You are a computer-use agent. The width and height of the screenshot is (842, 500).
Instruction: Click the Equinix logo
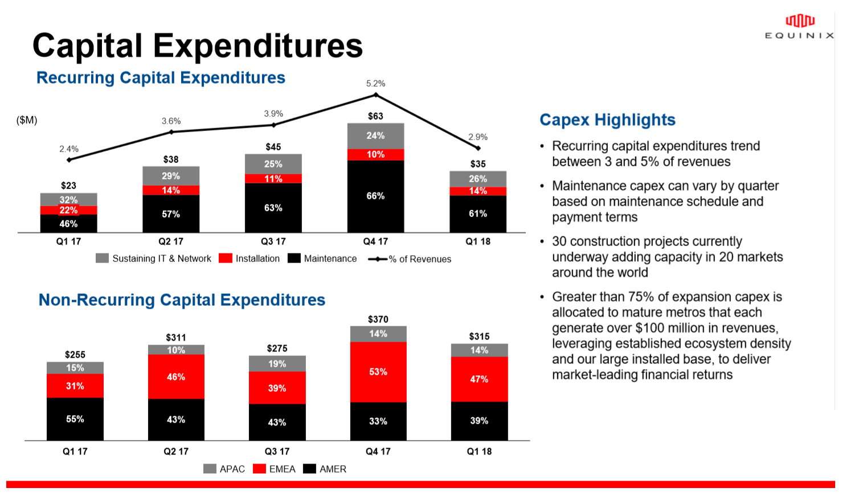pyautogui.click(x=799, y=27)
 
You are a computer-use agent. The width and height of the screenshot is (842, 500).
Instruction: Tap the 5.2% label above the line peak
pyautogui.click(x=375, y=84)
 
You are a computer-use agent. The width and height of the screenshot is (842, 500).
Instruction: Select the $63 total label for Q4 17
pyautogui.click(x=375, y=116)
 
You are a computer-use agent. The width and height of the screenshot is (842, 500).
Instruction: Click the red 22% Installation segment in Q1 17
pyautogui.click(x=68, y=210)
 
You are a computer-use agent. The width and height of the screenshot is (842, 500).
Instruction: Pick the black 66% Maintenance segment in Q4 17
pyautogui.click(x=375, y=196)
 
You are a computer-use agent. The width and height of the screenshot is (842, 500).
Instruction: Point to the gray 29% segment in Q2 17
pyautogui.click(x=171, y=176)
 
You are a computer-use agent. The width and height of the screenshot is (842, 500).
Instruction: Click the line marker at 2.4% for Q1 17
pyautogui.click(x=69, y=160)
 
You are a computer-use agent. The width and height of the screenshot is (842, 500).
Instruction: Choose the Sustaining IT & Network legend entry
pyautogui.click(x=154, y=259)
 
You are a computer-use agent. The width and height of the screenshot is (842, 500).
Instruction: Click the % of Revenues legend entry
pyautogui.click(x=410, y=259)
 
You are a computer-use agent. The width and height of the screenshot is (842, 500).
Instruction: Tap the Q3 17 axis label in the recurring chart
pyautogui.click(x=273, y=241)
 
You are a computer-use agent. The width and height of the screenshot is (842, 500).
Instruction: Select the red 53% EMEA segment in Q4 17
pyautogui.click(x=378, y=372)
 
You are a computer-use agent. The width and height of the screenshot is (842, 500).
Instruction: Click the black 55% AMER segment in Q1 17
pyautogui.click(x=75, y=419)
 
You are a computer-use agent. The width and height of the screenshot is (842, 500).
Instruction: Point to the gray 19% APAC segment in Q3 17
pyautogui.click(x=277, y=364)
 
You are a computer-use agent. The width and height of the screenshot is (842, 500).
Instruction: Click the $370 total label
pyautogui.click(x=378, y=319)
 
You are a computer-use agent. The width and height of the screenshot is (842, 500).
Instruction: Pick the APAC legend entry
pyautogui.click(x=224, y=469)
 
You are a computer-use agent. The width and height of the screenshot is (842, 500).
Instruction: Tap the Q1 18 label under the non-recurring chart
pyautogui.click(x=479, y=452)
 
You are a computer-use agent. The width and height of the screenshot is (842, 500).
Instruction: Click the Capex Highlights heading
pyautogui.click(x=607, y=120)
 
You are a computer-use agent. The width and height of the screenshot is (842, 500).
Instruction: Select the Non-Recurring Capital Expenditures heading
pyautogui.click(x=182, y=300)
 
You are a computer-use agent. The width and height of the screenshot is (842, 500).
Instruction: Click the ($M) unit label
pyautogui.click(x=27, y=120)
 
